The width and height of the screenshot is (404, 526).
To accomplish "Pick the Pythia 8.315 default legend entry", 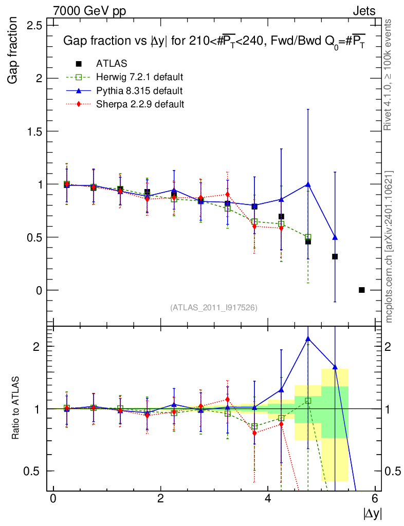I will pyautogui.click(x=139, y=91).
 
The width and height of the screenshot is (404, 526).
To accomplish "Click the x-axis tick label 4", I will pyautogui.click(x=268, y=498).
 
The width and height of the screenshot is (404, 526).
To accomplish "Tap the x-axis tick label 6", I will pyautogui.click(x=375, y=498).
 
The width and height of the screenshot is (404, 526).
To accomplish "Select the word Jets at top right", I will pyautogui.click(x=363, y=11).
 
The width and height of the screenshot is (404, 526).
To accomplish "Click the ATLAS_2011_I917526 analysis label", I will pyautogui.click(x=214, y=307).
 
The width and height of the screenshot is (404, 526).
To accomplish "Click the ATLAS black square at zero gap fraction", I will pyautogui.click(x=361, y=290).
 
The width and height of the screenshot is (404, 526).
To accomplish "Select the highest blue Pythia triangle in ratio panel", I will pyautogui.click(x=308, y=339).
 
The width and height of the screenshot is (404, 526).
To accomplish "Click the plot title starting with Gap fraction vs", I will pyautogui.click(x=213, y=42).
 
